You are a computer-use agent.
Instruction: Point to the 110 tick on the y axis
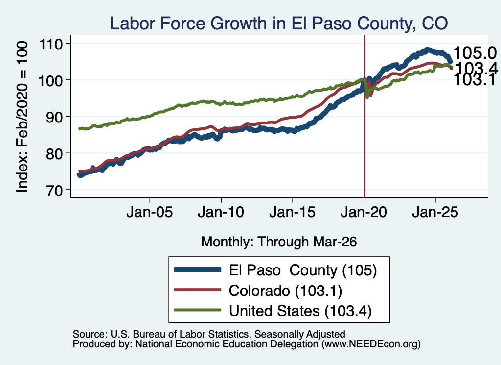coord(50,44)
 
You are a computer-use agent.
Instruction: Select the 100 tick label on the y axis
coord(50,80)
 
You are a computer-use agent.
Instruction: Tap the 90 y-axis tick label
coord(54,117)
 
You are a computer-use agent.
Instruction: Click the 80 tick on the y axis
coord(54,153)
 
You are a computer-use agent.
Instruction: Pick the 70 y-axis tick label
coord(54,190)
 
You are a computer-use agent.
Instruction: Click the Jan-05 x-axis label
coord(150,212)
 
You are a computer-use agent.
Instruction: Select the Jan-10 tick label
coord(221,212)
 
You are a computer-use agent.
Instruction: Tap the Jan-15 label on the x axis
coord(293,212)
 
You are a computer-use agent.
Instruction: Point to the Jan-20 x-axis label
coord(364,212)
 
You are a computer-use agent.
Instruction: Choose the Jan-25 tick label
coord(435,212)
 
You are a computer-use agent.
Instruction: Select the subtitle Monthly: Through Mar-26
coord(279,242)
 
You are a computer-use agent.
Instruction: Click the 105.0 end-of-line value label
coord(475,53)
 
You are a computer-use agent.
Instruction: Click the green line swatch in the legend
coord(198,310)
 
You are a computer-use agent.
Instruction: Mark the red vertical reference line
coord(364,117)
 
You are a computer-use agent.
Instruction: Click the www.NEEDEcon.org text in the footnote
coord(370,344)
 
